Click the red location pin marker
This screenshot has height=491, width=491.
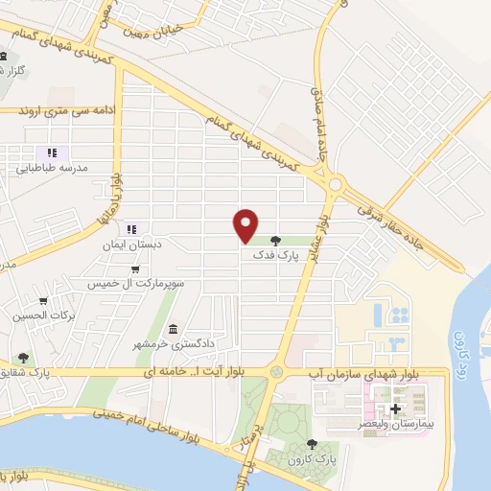pyautogui.click(x=246, y=224)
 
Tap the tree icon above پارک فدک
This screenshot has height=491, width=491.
pyautogui.click(x=276, y=241)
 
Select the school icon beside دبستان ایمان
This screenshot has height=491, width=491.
pyautogui.click(x=131, y=229)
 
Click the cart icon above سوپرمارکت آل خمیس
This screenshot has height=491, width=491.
pyautogui.click(x=136, y=269)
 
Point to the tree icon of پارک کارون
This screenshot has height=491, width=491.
pyautogui.click(x=311, y=444)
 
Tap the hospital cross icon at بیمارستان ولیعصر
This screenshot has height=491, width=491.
pyautogui.click(x=395, y=408)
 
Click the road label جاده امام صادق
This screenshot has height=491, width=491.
pyautogui.click(x=318, y=123)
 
